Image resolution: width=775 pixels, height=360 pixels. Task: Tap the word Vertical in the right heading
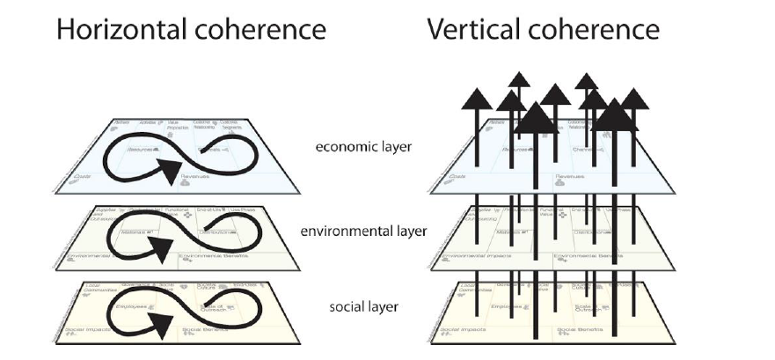pos(466,30)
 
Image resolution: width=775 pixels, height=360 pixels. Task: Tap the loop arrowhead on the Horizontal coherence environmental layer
pos(167,259)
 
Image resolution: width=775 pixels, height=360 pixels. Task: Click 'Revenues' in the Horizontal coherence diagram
pos(198,177)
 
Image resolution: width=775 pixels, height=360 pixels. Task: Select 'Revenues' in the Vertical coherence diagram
pos(573,177)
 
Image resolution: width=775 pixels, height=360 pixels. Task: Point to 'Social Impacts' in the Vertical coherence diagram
pos(457,333)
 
